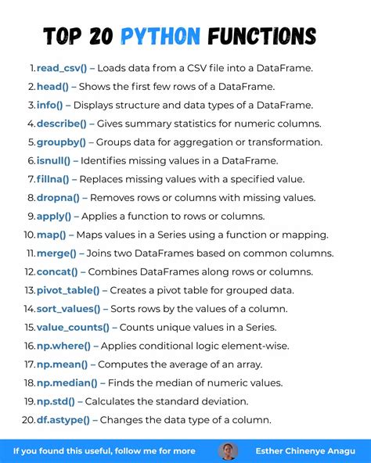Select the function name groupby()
pyautogui.click(x=63, y=142)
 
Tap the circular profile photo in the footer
pyautogui.click(x=229, y=451)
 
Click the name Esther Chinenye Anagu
pyautogui.click(x=304, y=451)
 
